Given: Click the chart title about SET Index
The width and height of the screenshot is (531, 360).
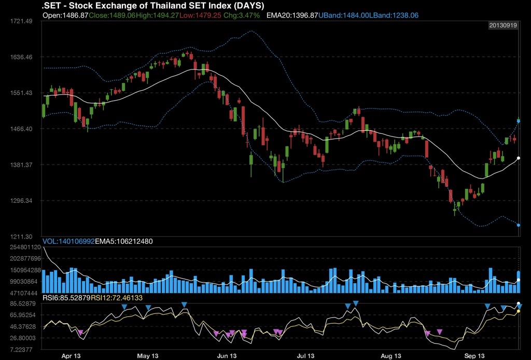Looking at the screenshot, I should pyautogui.click(x=153, y=6).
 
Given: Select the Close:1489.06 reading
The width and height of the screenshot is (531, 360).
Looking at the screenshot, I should pyautogui.click(x=112, y=16).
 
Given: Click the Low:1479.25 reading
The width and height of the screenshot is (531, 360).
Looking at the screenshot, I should pyautogui.click(x=201, y=16).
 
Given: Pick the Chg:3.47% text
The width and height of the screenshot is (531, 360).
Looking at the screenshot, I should pyautogui.click(x=242, y=16).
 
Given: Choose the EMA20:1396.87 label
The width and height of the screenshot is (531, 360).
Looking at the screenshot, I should pyautogui.click(x=292, y=16).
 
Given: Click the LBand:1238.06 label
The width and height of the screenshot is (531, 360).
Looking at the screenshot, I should pyautogui.click(x=394, y=16).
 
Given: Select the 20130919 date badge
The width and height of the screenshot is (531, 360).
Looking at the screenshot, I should pyautogui.click(x=503, y=25).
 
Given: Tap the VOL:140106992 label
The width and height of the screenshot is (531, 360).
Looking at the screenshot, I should pyautogui.click(x=68, y=241).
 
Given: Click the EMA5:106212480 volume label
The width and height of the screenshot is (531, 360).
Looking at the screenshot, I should pyautogui.click(x=123, y=241).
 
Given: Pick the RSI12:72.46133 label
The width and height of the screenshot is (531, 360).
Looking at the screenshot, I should pyautogui.click(x=117, y=298).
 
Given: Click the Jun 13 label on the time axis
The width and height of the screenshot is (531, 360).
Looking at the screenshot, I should pyautogui.click(x=226, y=356).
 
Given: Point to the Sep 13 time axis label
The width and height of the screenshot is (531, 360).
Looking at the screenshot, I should pyautogui.click(x=474, y=356).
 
